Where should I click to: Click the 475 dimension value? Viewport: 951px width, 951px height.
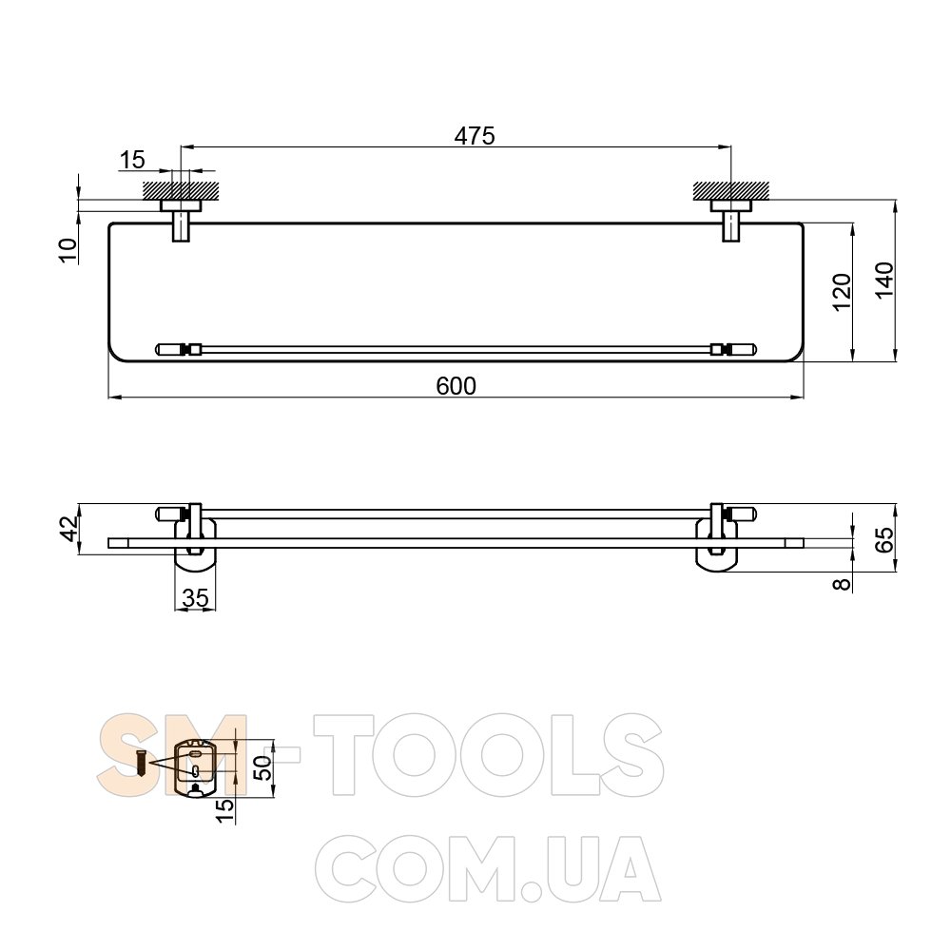pos(475,136)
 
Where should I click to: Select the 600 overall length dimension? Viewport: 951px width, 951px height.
pos(456,386)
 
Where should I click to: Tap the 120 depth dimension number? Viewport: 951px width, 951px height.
pos(842,292)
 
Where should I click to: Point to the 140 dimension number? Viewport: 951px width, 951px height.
pos(884,280)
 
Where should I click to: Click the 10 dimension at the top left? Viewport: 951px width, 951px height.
pos(68,250)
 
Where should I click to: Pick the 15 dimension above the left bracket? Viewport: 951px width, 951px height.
pos(132,160)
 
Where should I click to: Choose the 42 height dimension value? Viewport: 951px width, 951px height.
pos(69,529)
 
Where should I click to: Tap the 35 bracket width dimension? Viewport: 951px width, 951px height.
pos(195,598)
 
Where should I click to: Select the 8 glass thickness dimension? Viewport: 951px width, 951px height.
pos(843,585)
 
